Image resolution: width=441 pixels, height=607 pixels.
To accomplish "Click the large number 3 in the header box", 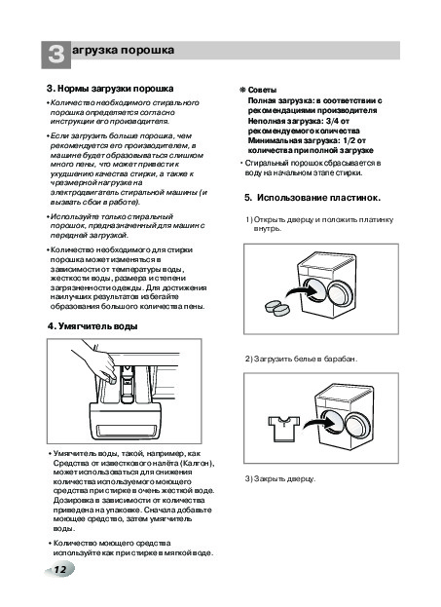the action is pyautogui.click(x=56, y=55).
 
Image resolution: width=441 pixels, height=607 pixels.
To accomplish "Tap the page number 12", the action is pyautogui.click(x=60, y=569).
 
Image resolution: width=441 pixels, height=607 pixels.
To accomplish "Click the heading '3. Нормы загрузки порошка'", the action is pyautogui.click(x=110, y=89).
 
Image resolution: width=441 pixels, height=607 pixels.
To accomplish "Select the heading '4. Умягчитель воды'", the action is pyautogui.click(x=92, y=326).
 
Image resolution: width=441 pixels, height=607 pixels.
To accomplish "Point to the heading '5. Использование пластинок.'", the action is pyautogui.click(x=312, y=198).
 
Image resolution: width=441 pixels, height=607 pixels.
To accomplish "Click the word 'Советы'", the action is pyautogui.click(x=262, y=91).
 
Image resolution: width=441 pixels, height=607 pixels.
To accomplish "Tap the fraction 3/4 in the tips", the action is pyautogui.click(x=333, y=121).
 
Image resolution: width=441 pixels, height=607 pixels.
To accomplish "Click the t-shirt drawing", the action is pyautogui.click(x=284, y=428).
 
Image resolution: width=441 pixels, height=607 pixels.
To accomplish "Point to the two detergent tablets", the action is pyautogui.click(x=277, y=307).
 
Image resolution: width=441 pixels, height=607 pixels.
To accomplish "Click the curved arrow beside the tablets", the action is pyautogui.click(x=300, y=291).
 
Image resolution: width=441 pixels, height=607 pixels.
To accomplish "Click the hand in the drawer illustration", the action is pyautogui.click(x=95, y=360).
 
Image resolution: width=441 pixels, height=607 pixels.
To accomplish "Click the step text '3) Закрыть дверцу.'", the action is pyautogui.click(x=280, y=478).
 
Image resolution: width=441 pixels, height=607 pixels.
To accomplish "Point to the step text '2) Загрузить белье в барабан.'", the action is pyautogui.click(x=301, y=359).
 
